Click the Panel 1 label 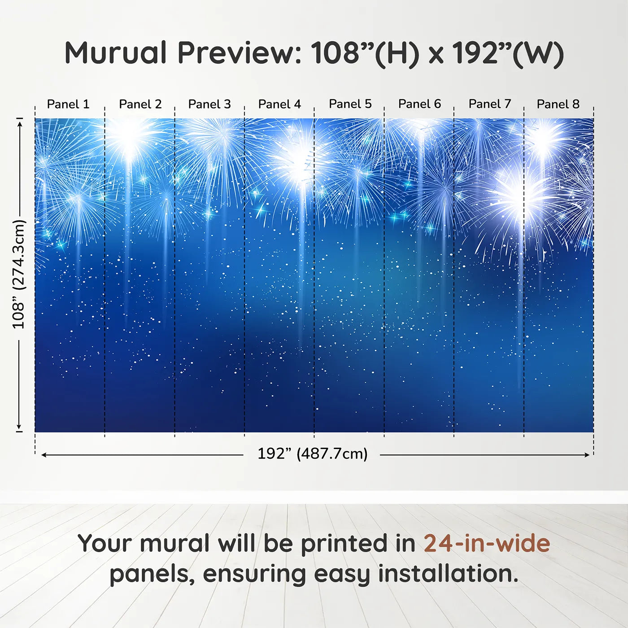click(68, 104)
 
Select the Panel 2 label click(140, 104)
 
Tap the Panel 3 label click(209, 104)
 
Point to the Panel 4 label click(279, 104)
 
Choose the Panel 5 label click(350, 104)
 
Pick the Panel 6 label click(419, 104)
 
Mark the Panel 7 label click(489, 104)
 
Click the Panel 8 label click(558, 104)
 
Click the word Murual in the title click(116, 53)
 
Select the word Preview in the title click(240, 53)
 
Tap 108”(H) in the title click(365, 53)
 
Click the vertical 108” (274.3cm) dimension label click(19, 274)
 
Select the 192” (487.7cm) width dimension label click(312, 454)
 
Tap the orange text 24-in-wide click(487, 543)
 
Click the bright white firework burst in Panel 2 click(130, 137)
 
